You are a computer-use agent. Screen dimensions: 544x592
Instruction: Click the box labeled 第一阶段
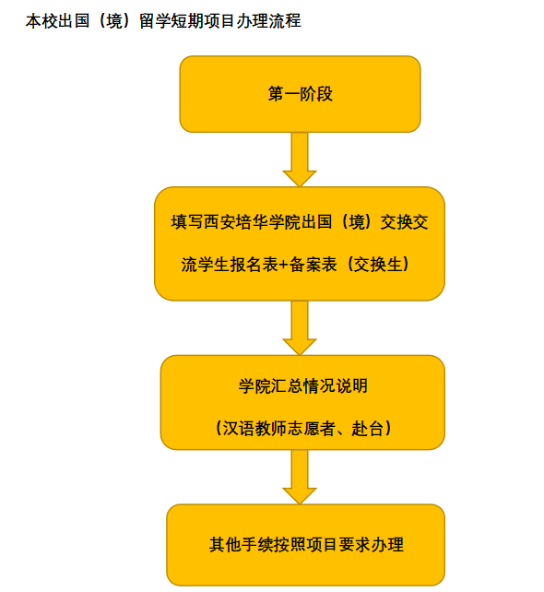pyautogui.click(x=300, y=94)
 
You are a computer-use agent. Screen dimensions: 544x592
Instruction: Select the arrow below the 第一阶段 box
pyautogui.click(x=300, y=160)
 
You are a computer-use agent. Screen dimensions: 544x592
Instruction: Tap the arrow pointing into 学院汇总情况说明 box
pyautogui.click(x=300, y=327)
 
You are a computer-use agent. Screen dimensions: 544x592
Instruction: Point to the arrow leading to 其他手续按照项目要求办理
pyautogui.click(x=300, y=477)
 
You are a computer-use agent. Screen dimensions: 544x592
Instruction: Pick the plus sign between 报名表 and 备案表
pyautogui.click(x=284, y=265)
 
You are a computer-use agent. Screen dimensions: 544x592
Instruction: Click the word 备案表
pyautogui.click(x=313, y=265)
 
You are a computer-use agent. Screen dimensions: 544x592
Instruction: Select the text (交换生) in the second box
pyautogui.click(x=378, y=265)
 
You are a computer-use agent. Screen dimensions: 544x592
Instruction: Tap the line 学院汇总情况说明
pyautogui.click(x=302, y=385)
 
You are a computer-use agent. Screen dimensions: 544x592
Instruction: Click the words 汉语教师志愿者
pyautogui.click(x=278, y=429)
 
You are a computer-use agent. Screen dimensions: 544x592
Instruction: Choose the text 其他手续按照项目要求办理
pyautogui.click(x=306, y=544)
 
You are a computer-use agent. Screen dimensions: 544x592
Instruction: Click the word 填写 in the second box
pyautogui.click(x=187, y=222)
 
